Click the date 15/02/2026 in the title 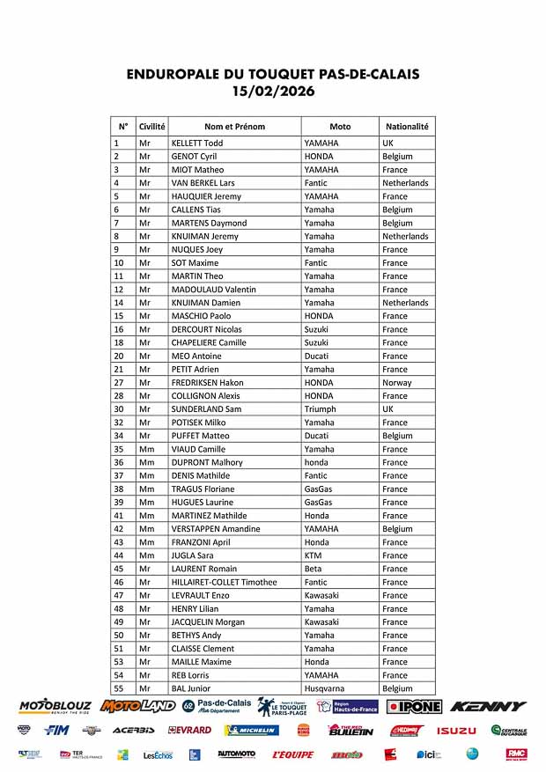pos(272,91)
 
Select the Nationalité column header pos(407,126)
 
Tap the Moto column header pos(340,126)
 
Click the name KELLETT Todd pos(197,143)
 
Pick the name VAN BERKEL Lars pos(203,183)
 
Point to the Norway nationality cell pos(397,383)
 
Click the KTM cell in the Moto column pos(313,555)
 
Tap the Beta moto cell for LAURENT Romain pos(314,569)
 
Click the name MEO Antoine pos(196,356)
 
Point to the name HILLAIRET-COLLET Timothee pos(224,582)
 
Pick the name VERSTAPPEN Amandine pos(216,529)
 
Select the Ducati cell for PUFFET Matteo pos(317,436)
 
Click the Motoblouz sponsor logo pos(54,706)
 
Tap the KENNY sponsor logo pos(488,706)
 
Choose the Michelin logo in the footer pos(252,731)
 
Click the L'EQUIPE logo pos(292,754)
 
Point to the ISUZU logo pos(456,731)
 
